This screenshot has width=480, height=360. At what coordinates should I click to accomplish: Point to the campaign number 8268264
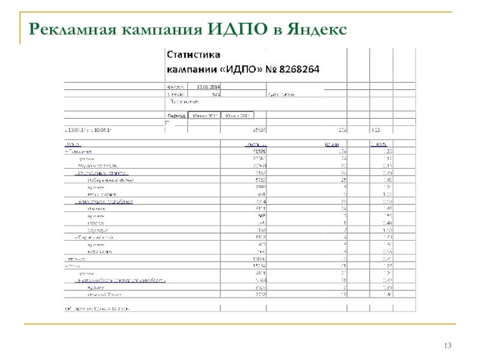[x=299, y=69]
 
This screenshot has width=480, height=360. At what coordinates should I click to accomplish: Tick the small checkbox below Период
[x=167, y=123]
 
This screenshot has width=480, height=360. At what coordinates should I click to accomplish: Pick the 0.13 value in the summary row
[x=375, y=130]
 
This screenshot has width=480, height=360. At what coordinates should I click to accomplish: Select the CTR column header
[x=378, y=145]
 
